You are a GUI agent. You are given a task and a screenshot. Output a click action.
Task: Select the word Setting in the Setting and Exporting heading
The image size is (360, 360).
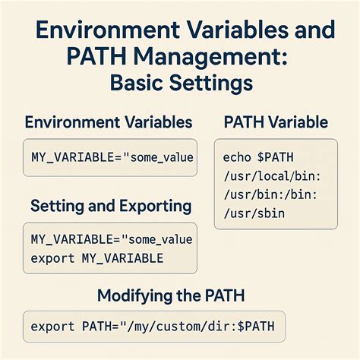pos(58,205)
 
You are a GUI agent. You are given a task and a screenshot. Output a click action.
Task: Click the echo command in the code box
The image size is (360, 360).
pos(237,157)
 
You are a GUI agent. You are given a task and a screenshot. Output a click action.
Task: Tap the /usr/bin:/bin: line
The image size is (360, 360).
pos(263,194)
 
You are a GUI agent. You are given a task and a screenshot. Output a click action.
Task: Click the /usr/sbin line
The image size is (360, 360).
pos(254,213)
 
